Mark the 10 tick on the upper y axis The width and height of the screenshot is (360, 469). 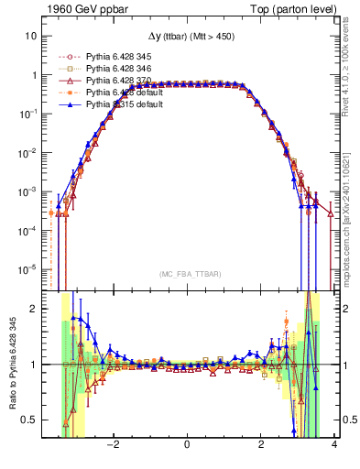click(x=30, y=36)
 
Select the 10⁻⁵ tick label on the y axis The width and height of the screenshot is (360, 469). click(x=28, y=269)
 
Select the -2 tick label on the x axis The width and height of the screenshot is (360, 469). click(x=113, y=445)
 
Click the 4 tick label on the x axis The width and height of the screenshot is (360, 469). click(x=334, y=445)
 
